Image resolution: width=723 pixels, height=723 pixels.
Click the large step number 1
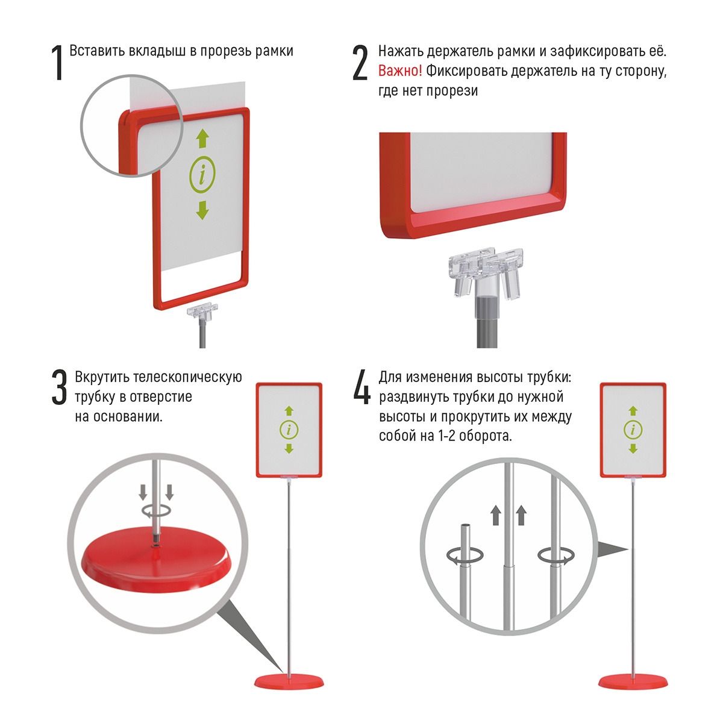[x=58, y=63]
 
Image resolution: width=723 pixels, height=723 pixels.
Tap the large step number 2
[x=360, y=63]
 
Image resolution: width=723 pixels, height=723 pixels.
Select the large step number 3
[x=59, y=387]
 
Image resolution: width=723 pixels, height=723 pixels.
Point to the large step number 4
[x=361, y=387]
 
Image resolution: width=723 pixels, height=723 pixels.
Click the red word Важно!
[x=400, y=70]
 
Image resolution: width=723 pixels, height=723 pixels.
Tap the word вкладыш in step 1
[x=157, y=51]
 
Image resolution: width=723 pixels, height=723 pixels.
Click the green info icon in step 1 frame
[x=202, y=175]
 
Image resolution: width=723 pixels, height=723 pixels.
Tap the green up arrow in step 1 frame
[x=202, y=139]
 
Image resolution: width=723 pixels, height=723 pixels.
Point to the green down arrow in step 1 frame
[x=202, y=210]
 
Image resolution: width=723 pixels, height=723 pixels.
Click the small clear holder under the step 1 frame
[x=202, y=311]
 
